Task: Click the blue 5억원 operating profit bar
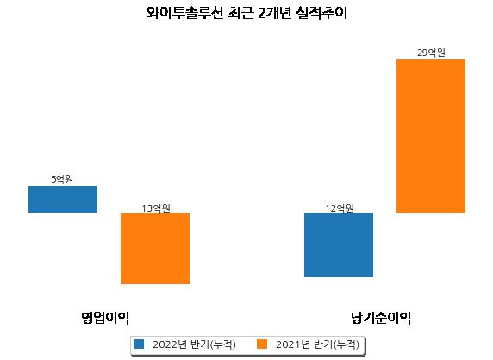tap(63, 199)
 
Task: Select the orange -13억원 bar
tap(155, 248)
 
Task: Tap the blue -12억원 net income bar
tap(339, 245)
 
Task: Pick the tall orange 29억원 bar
tap(431, 136)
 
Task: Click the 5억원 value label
tap(62, 179)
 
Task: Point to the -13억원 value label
tap(154, 208)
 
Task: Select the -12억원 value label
tap(338, 208)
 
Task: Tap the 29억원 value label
tap(431, 53)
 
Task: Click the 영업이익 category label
tap(105, 318)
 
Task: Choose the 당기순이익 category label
tap(381, 318)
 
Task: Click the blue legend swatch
tap(139, 344)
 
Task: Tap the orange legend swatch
tap(262, 344)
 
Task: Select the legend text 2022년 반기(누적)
tap(194, 344)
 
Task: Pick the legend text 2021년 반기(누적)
tap(317, 344)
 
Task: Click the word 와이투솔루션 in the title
tap(184, 13)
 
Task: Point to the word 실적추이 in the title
tap(321, 13)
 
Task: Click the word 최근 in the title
tap(240, 13)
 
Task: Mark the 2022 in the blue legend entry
tap(165, 344)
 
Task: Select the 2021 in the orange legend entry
tap(289, 344)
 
